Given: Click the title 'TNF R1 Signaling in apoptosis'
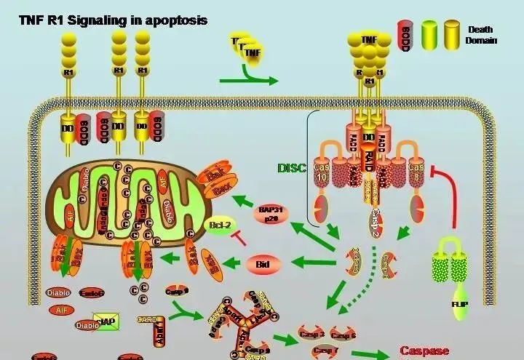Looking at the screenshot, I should click(113, 20).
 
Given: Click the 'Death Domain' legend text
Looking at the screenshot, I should click(480, 35).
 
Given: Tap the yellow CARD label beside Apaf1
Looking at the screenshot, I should click(148, 318).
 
